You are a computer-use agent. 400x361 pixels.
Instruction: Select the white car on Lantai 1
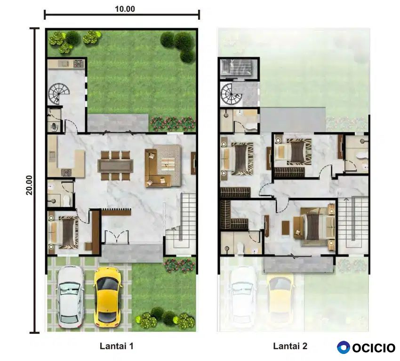click(70, 297)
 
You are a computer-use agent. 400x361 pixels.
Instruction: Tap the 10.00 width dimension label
click(125, 9)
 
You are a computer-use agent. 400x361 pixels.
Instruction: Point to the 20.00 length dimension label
click(29, 185)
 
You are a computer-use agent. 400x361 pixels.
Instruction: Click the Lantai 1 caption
click(116, 346)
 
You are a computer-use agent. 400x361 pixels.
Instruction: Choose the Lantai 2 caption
click(290, 346)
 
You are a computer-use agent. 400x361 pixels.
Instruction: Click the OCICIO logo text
click(374, 348)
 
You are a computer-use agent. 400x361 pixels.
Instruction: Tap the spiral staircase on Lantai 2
click(232, 94)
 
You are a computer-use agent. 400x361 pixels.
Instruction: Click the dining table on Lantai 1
click(115, 166)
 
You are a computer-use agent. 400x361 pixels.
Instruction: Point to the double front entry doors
click(117, 237)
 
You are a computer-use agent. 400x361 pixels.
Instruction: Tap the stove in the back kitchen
click(79, 63)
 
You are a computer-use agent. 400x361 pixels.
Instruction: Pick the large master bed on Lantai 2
click(314, 227)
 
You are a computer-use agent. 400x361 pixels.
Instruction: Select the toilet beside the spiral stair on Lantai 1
click(54, 126)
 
